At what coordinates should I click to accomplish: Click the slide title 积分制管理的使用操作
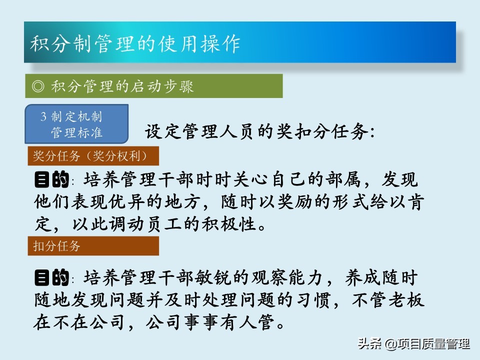[135, 44]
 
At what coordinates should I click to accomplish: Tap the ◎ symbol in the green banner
[38, 86]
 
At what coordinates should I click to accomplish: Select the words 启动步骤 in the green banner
[162, 86]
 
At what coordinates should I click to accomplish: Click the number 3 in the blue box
[43, 116]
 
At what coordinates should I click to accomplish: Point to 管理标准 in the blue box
[76, 132]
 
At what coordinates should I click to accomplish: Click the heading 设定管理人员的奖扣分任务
[259, 132]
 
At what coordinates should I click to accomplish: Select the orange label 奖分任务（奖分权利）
[90, 156]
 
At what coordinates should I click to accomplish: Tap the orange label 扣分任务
[56, 246]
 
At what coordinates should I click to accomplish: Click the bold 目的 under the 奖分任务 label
[51, 179]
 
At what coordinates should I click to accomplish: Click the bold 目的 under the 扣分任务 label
[51, 277]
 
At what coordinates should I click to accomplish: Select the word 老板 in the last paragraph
[406, 300]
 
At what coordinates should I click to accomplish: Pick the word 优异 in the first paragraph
[127, 202]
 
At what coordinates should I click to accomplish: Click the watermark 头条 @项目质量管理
[414, 343]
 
